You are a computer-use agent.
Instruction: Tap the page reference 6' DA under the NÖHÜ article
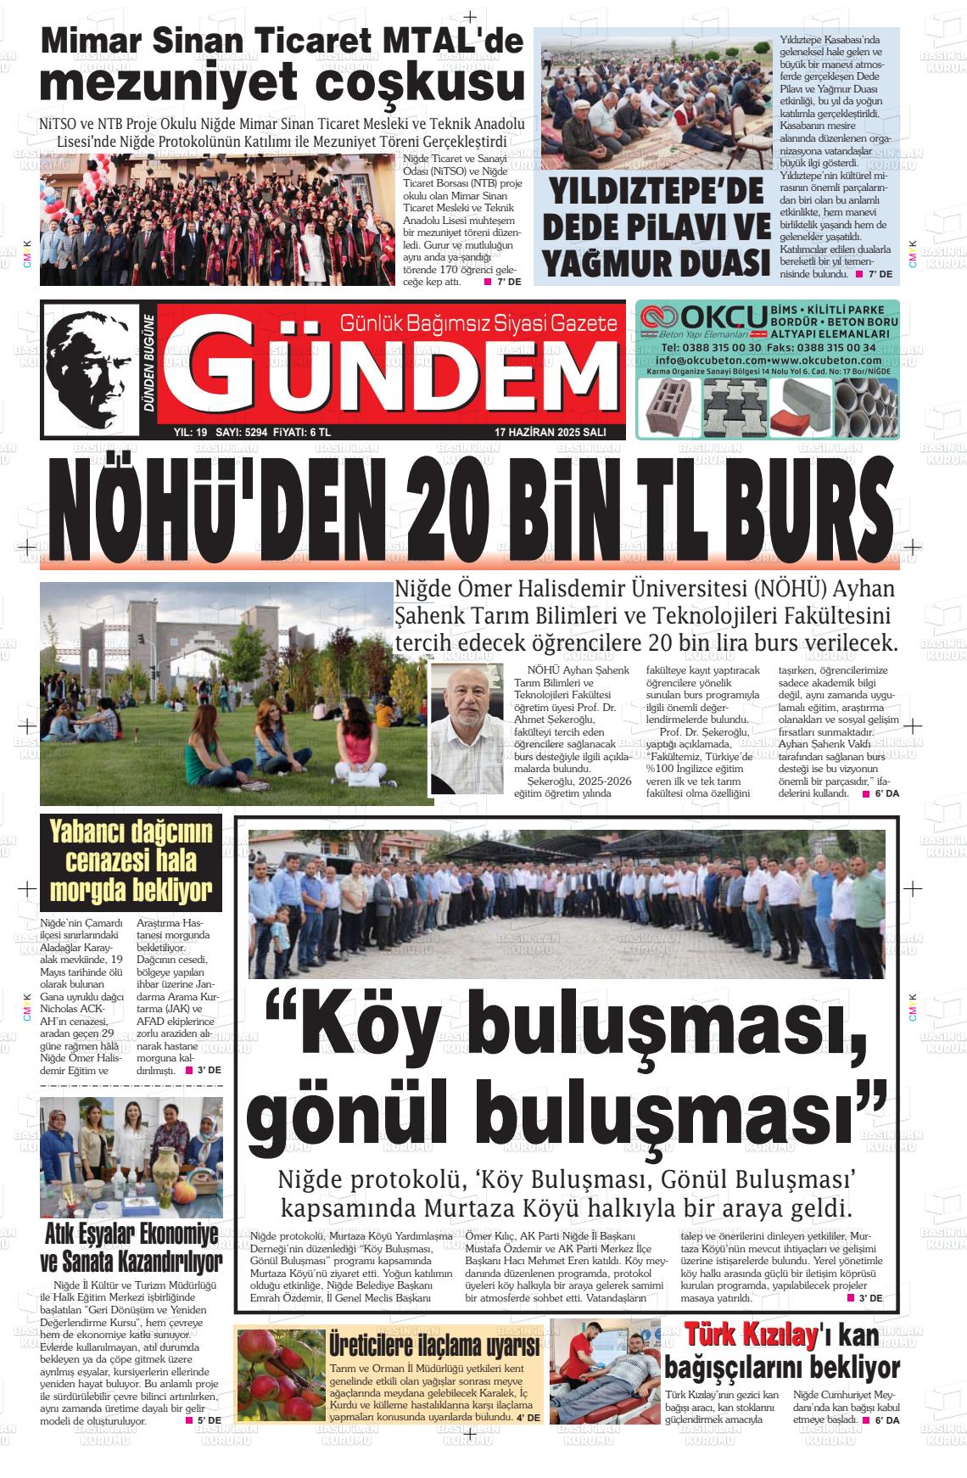[886, 793]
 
